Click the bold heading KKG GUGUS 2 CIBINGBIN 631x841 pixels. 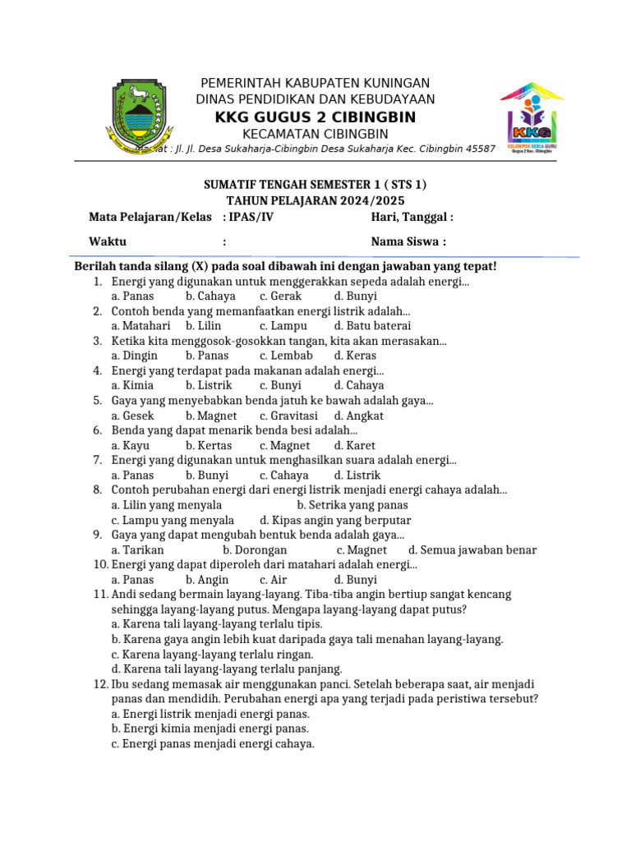(315, 117)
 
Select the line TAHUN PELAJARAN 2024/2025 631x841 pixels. (315, 200)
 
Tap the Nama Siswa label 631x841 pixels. (408, 241)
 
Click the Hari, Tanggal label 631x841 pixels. (412, 217)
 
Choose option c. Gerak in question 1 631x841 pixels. (281, 296)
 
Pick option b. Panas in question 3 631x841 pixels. (207, 356)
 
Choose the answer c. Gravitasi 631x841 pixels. (288, 416)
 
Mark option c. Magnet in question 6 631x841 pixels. (284, 445)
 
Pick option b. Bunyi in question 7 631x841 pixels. (207, 475)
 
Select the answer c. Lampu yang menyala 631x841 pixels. (173, 520)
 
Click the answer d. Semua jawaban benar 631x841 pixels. (472, 549)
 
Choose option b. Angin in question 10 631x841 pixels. (207, 579)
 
